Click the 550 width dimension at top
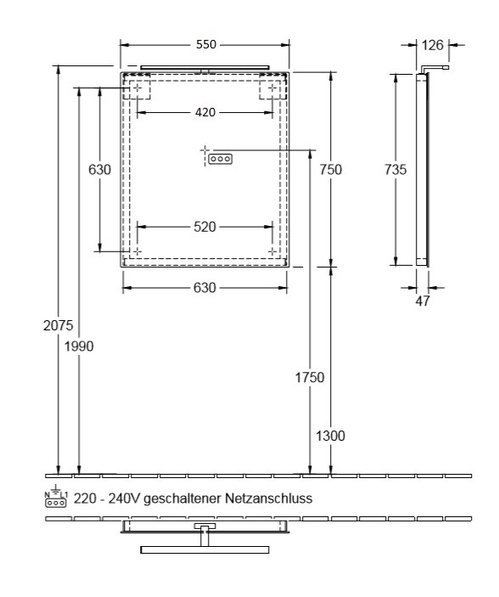click(x=205, y=44)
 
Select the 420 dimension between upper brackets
click(x=205, y=112)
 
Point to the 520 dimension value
click(x=205, y=227)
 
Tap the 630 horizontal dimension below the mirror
click(x=205, y=288)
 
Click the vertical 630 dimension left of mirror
click(x=100, y=170)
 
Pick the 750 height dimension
click(x=330, y=170)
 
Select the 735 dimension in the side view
click(x=395, y=170)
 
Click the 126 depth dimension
click(x=434, y=44)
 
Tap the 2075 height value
click(x=59, y=324)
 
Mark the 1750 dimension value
click(x=311, y=376)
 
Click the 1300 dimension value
click(x=331, y=436)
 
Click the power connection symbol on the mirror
click(x=219, y=158)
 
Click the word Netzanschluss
click(x=270, y=498)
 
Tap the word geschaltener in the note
click(x=188, y=498)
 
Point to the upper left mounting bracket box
click(x=137, y=87)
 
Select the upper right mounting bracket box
click(x=272, y=87)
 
